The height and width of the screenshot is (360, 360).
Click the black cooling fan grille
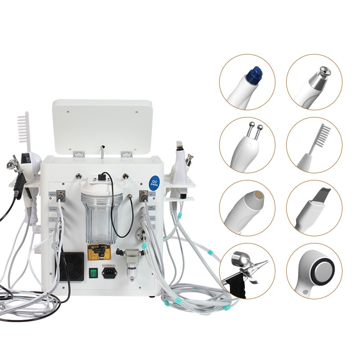72,266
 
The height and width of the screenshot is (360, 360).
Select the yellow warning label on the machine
99,252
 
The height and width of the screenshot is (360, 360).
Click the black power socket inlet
108,273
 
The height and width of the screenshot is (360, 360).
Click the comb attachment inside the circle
314,145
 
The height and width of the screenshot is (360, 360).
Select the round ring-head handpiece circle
314,271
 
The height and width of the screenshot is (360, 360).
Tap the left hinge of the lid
79,154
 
